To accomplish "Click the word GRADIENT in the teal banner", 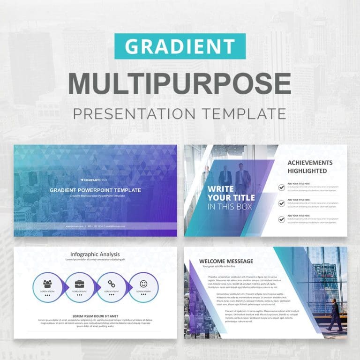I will (x=180, y=46).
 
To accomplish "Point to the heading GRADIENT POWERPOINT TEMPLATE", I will (x=95, y=190).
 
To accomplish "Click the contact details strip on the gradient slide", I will (x=95, y=226).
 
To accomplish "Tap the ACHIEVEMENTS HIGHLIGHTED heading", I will (x=310, y=167).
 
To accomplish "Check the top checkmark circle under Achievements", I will (x=281, y=187).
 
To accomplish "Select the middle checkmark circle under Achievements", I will (x=281, y=203).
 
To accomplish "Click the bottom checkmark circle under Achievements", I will (x=281, y=219).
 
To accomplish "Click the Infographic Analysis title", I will (x=95, y=255).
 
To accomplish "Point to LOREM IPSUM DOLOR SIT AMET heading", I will (x=95, y=315).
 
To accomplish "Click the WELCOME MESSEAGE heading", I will (x=226, y=261).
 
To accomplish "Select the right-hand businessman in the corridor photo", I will (x=242, y=178).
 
